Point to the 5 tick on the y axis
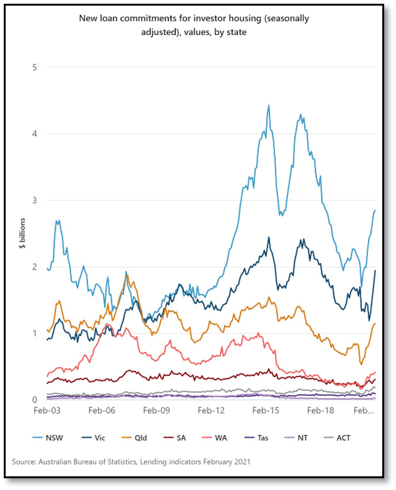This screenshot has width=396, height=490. (35, 67)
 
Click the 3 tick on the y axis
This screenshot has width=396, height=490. (35, 201)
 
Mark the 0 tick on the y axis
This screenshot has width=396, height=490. (35, 400)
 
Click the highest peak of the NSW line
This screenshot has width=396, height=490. (269, 106)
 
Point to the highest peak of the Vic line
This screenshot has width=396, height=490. (269, 237)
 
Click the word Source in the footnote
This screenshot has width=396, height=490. (25, 462)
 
